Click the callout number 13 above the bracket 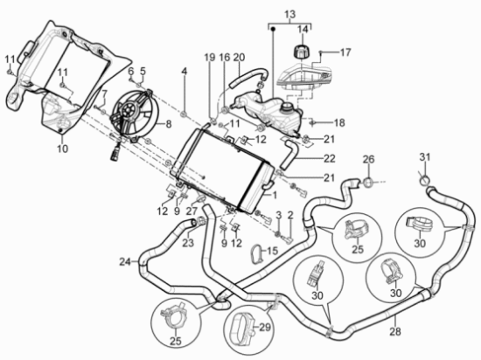pos(289,14)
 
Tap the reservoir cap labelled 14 pos(302,52)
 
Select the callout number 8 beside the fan pos(169,124)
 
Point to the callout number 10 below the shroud pos(62,149)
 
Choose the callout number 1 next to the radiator pos(275,195)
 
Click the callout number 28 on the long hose pos(395,331)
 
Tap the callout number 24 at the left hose pos(125,262)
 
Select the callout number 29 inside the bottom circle pos(265,327)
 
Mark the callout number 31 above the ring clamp pos(425,157)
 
